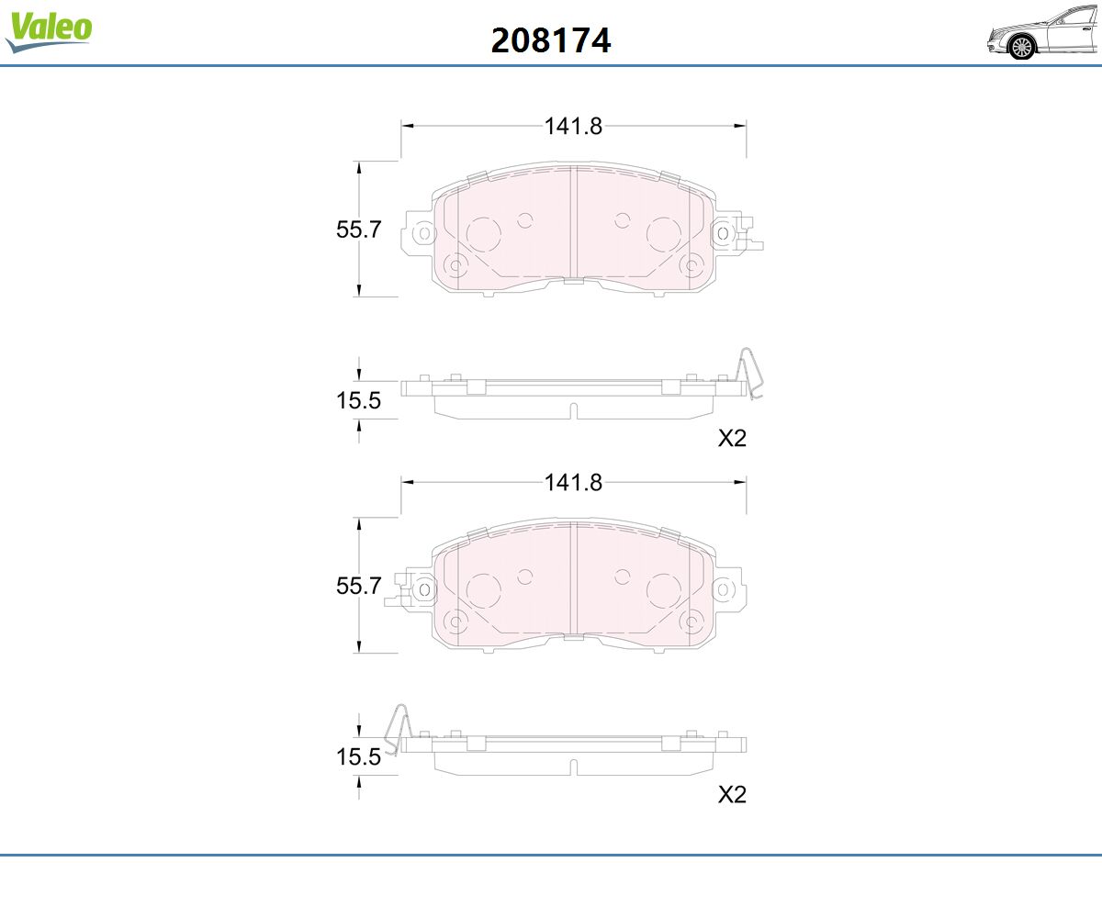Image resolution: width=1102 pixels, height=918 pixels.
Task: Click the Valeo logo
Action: coord(49,31)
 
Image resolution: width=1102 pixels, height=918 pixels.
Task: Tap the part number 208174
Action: coord(551,40)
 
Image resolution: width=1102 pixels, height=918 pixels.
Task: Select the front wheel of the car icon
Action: coord(1021,48)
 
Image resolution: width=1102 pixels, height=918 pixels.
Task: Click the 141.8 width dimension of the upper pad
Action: coord(573,126)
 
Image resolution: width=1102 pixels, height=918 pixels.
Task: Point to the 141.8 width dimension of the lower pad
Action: coord(573,482)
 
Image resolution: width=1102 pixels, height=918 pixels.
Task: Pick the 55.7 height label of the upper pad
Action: coord(358,229)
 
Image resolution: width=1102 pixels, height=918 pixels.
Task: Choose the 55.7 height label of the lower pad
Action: coord(358,586)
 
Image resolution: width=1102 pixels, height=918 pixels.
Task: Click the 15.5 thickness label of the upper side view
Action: coord(358,400)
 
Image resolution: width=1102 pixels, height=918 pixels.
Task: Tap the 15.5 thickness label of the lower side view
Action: coord(358,756)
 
